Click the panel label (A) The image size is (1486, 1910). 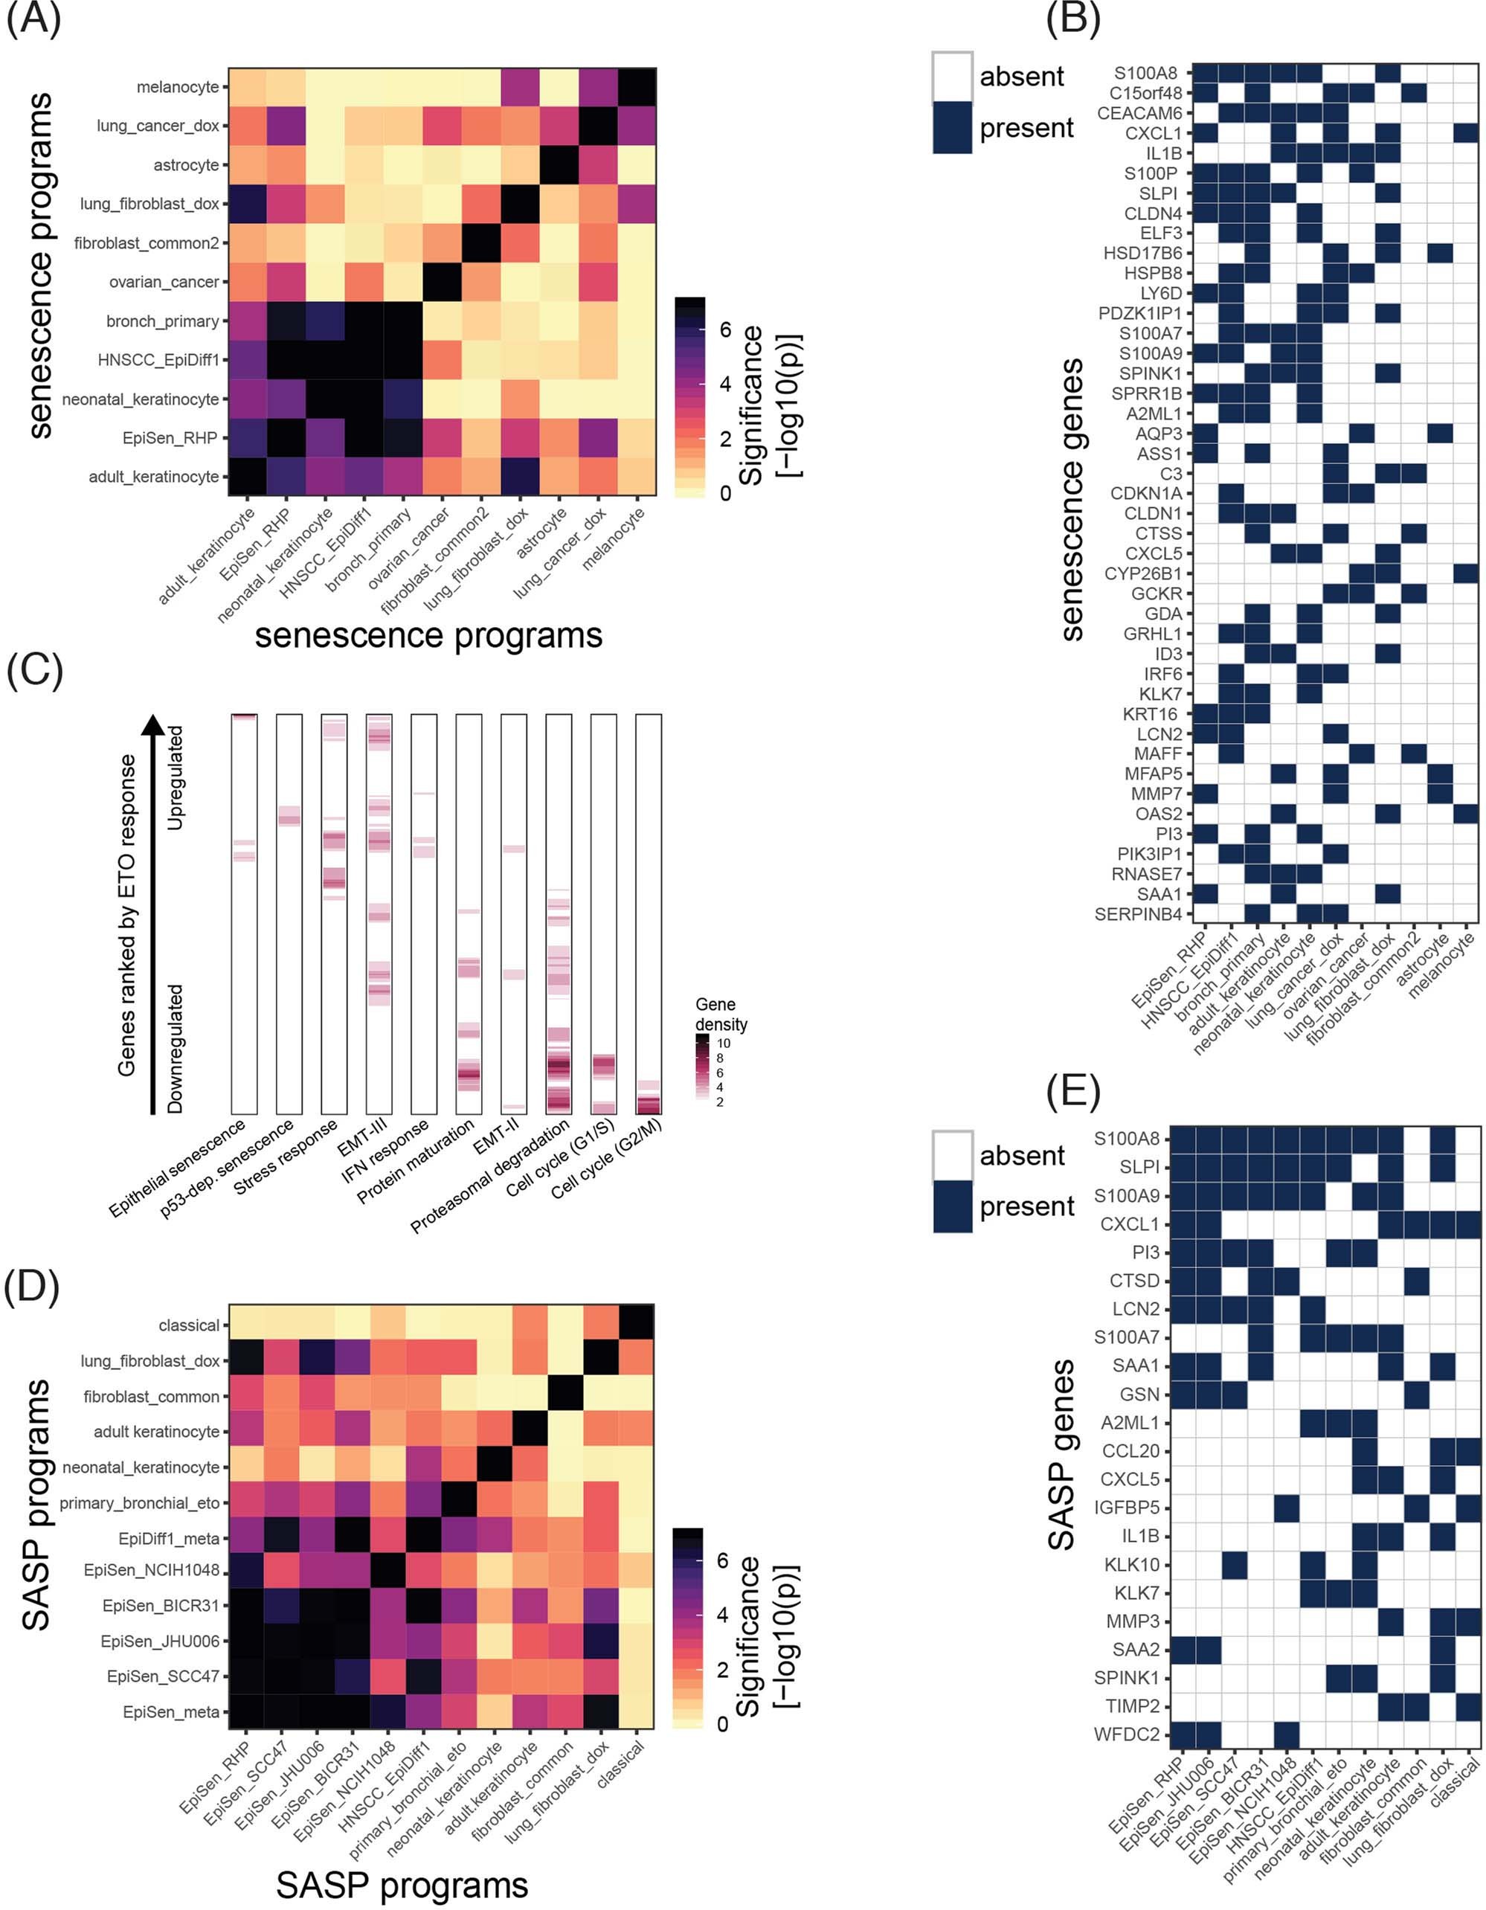(x=34, y=19)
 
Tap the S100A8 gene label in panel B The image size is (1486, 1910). (x=1145, y=74)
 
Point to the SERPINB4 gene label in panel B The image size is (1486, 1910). (x=1137, y=915)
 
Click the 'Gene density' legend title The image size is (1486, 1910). (x=721, y=1014)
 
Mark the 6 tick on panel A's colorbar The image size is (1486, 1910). (x=724, y=329)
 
